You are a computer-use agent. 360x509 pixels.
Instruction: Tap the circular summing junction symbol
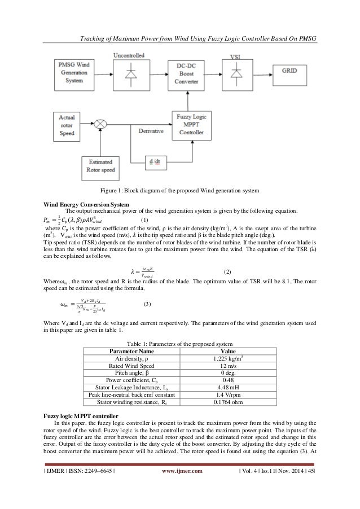tap(102, 122)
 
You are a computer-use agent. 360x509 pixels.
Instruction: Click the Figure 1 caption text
tap(180, 189)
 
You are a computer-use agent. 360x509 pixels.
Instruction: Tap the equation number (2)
tap(229, 272)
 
